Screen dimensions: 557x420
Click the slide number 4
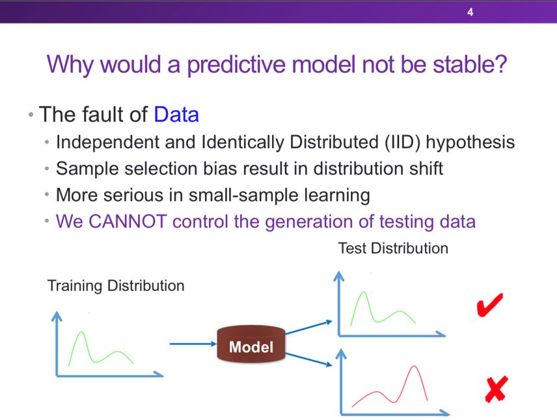click(x=470, y=12)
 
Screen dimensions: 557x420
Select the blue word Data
click(x=176, y=114)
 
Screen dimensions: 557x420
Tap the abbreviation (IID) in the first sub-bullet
click(x=403, y=142)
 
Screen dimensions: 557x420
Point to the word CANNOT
click(x=128, y=222)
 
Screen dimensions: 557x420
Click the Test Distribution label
click(x=393, y=248)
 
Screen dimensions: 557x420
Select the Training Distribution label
click(x=116, y=286)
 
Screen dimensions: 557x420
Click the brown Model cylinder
click(x=251, y=344)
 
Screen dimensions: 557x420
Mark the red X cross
click(x=496, y=389)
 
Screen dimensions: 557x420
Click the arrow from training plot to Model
click(x=193, y=344)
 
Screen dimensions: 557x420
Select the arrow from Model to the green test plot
click(x=308, y=327)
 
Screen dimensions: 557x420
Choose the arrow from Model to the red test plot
click(x=308, y=360)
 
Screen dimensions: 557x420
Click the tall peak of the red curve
click(x=414, y=366)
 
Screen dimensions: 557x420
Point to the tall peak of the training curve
click(x=81, y=332)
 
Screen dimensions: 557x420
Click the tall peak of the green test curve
click(x=363, y=292)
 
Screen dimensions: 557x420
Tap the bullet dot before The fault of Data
click(x=31, y=114)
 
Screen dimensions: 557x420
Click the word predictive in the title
click(x=236, y=65)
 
